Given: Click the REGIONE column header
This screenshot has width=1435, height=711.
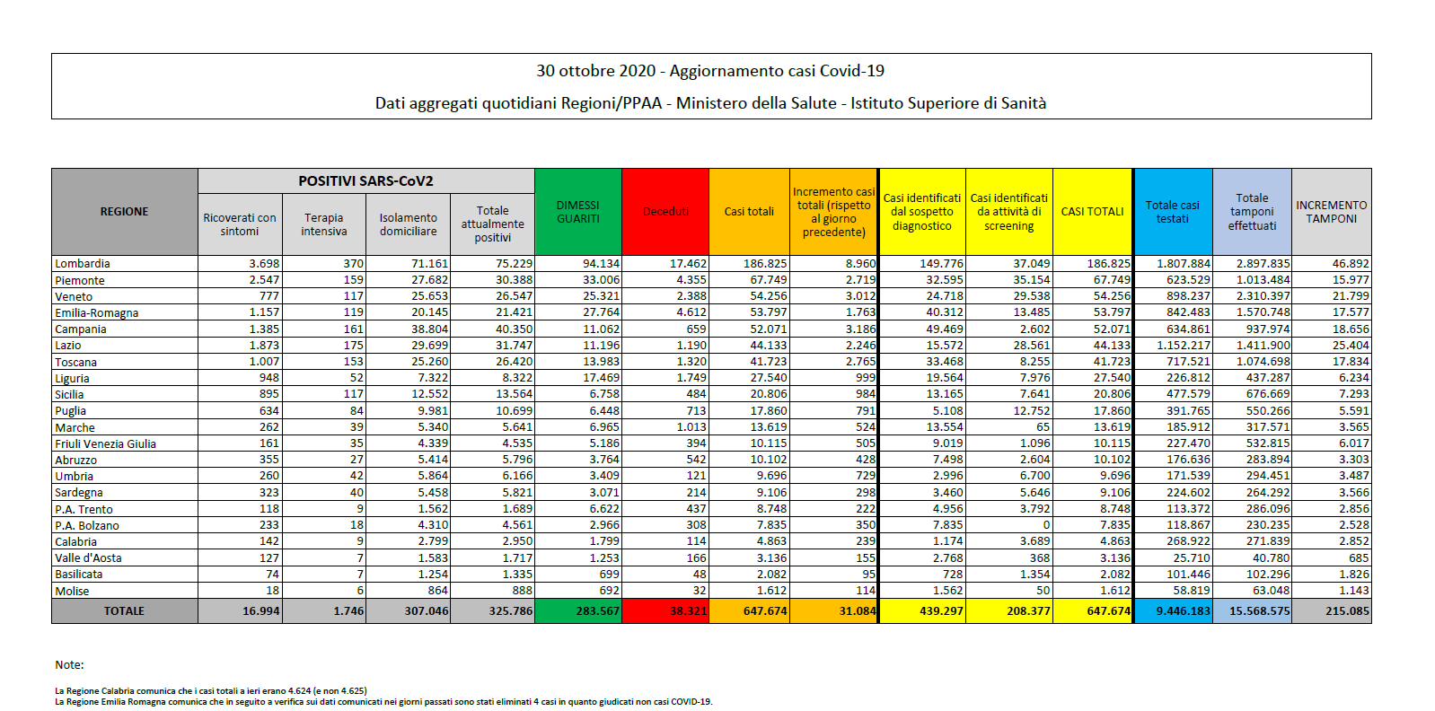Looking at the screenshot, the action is (x=124, y=211).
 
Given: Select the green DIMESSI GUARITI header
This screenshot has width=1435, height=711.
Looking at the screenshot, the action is (x=577, y=211).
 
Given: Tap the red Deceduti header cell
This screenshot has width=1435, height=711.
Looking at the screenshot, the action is (x=665, y=211).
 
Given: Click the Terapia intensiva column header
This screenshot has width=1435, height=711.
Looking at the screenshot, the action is (x=324, y=224).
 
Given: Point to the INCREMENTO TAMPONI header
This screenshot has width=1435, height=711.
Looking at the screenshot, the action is (x=1331, y=211).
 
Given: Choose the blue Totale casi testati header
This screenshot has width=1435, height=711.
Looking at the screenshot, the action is (x=1173, y=211).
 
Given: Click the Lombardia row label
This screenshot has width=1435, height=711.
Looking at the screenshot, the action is (x=83, y=263).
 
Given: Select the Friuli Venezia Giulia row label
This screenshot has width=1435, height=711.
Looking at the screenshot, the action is (x=106, y=443).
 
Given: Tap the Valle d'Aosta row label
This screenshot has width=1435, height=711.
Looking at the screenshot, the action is (x=88, y=557).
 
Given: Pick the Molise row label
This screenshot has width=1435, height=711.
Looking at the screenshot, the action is (x=73, y=591).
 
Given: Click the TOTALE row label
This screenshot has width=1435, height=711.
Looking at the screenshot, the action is (x=124, y=611).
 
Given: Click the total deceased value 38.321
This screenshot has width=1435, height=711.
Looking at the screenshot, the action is (x=688, y=611).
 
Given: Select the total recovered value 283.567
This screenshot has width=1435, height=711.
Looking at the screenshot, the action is (x=598, y=611).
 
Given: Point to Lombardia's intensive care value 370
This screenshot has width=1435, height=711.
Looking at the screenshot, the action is (x=353, y=263).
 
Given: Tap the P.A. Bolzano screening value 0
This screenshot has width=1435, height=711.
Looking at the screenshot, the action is (x=1046, y=524).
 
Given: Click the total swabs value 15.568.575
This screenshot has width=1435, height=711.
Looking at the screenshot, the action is (x=1260, y=611).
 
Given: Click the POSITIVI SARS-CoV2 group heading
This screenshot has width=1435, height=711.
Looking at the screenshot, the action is (x=365, y=181).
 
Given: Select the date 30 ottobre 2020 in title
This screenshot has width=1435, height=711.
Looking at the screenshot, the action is (x=595, y=70).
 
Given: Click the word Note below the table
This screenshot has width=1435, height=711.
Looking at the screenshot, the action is (x=69, y=665).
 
